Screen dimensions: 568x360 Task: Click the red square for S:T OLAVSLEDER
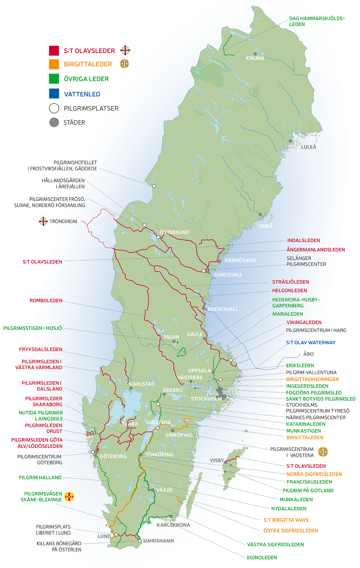tap(54, 51)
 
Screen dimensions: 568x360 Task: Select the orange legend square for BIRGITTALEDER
tap(54, 64)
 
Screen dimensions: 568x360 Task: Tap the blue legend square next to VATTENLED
tap(54, 94)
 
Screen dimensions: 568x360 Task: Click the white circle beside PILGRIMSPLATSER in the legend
tap(54, 108)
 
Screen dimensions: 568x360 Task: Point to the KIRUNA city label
tap(255, 58)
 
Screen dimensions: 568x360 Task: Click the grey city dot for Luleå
tap(290, 141)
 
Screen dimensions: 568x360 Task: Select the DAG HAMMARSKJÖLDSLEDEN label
tap(317, 21)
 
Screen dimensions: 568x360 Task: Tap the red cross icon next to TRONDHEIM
tap(43, 221)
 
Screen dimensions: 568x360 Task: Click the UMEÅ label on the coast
tap(265, 226)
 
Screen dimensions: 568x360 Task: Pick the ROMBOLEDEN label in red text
tap(46, 301)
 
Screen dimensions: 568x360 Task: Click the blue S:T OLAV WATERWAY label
tap(310, 343)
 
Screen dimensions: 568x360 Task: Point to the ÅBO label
tap(308, 354)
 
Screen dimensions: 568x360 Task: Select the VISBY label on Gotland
tap(217, 460)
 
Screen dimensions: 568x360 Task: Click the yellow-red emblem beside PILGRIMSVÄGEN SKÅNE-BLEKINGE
tap(69, 497)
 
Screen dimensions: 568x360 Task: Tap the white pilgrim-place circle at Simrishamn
tap(139, 541)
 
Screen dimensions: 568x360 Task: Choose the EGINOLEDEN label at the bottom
tap(262, 557)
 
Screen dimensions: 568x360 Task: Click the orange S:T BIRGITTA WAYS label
tap(286, 520)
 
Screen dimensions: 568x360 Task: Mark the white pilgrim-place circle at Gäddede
tap(154, 186)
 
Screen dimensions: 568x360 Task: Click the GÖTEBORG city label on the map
tap(113, 456)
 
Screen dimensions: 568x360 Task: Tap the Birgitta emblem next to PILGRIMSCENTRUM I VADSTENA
tap(323, 452)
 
